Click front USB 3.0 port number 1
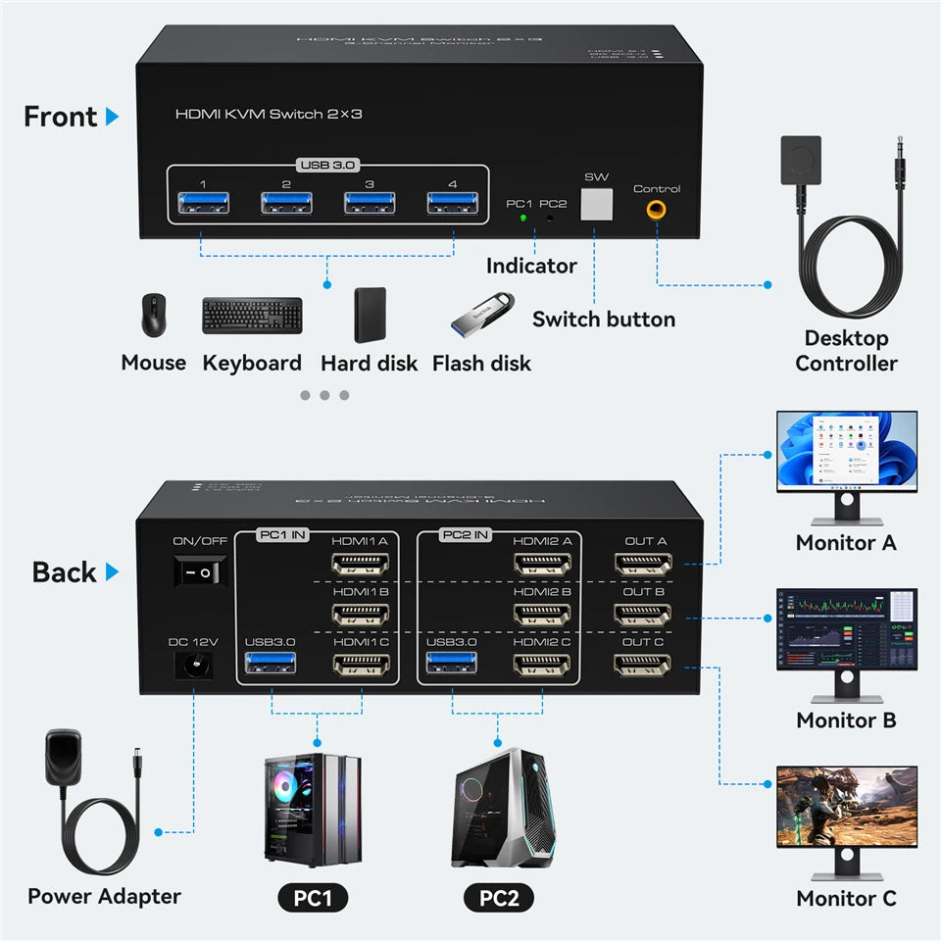[x=203, y=205]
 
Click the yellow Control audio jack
[x=655, y=209]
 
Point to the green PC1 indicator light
[x=523, y=219]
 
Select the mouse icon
[x=153, y=315]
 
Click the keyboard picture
[x=252, y=316]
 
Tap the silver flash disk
[x=482, y=315]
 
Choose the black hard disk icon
[x=370, y=315]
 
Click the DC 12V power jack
[x=194, y=668]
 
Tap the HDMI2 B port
[x=541, y=615]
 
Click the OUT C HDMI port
[x=643, y=666]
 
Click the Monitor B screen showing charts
[x=847, y=629]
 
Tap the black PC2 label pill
[x=499, y=897]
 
